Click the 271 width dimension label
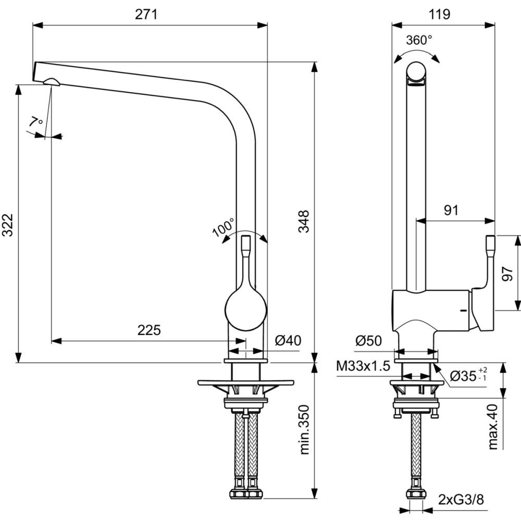click(146, 15)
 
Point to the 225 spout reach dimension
click(149, 330)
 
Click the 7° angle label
click(36, 123)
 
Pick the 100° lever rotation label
click(224, 227)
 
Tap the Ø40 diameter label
click(288, 341)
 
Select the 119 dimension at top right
click(440, 15)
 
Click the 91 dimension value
click(451, 210)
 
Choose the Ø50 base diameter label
click(368, 341)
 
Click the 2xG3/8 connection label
click(461, 500)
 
